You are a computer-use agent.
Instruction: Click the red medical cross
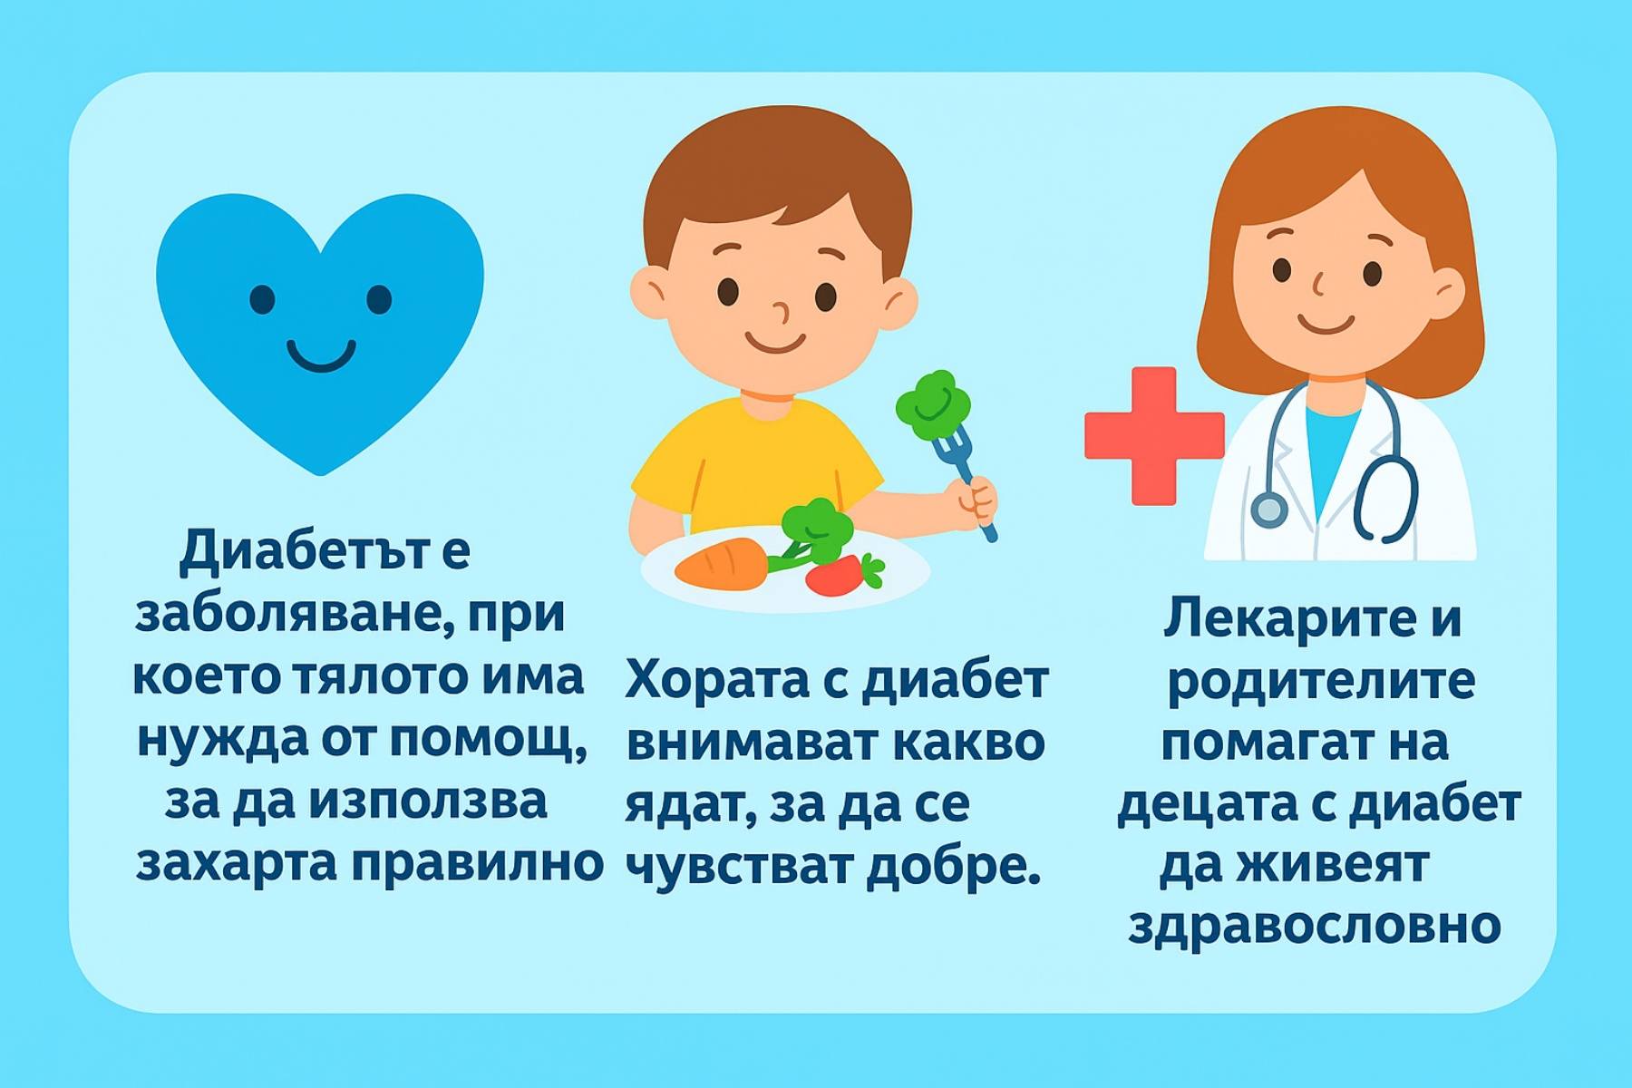(1154, 436)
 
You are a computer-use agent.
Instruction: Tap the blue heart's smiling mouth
(321, 356)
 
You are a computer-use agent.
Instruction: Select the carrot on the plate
(722, 563)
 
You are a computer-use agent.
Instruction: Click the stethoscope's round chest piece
(1269, 510)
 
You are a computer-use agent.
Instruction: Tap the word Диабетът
(300, 551)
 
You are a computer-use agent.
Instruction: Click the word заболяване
(291, 614)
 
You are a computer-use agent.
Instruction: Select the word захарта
(236, 863)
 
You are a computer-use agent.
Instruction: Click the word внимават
(752, 743)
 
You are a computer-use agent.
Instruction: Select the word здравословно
(1315, 926)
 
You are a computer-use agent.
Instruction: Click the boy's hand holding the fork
(971, 500)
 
